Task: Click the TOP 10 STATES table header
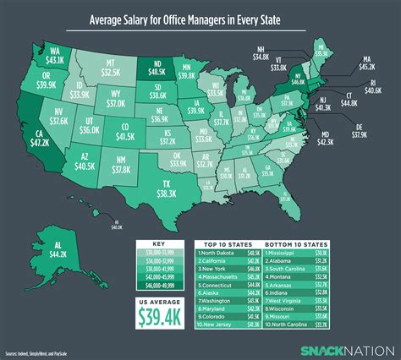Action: coord(228,240)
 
